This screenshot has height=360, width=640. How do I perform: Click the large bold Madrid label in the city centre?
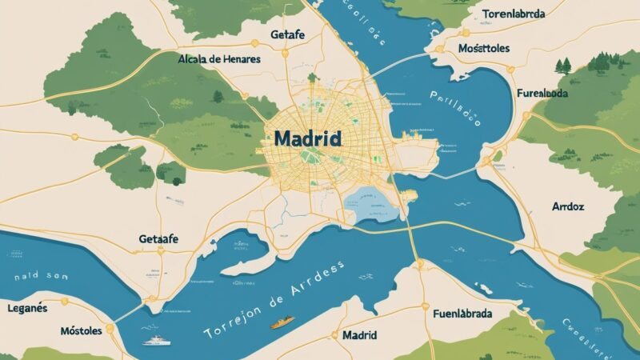(307, 138)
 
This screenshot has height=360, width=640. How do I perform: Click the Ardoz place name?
(568, 206)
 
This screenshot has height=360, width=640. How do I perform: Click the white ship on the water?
(155, 341)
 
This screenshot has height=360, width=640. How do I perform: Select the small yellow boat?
(282, 322)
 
